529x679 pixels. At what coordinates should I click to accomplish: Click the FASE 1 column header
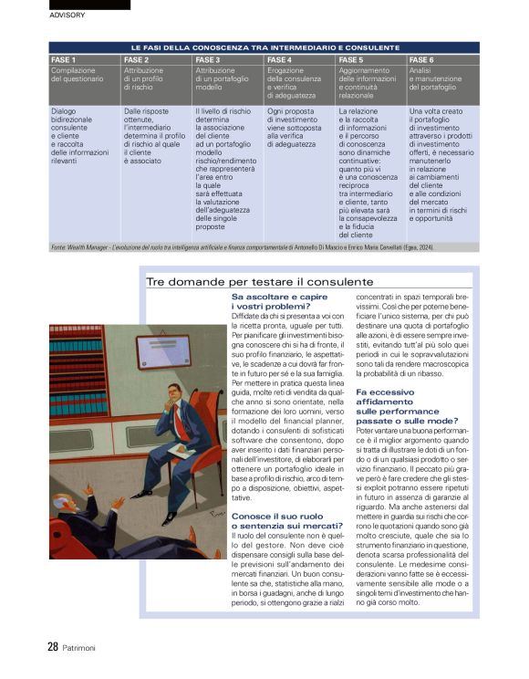(x=64, y=58)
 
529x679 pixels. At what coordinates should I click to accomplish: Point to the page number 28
(x=53, y=646)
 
